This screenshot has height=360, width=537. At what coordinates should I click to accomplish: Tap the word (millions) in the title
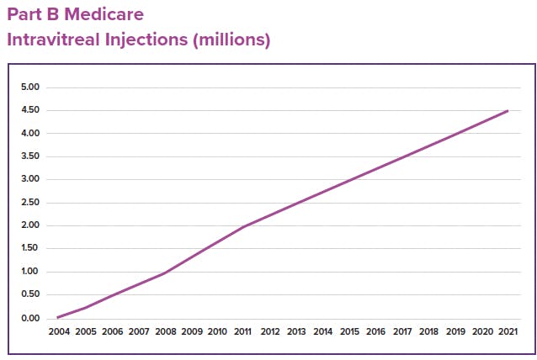click(229, 40)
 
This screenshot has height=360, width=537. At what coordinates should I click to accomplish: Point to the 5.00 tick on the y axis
click(30, 87)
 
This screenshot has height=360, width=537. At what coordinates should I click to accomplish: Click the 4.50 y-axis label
click(30, 110)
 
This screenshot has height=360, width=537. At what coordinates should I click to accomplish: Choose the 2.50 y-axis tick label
click(30, 203)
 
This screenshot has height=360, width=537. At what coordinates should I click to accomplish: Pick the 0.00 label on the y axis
click(30, 318)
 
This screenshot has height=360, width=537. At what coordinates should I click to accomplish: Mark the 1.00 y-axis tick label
click(30, 272)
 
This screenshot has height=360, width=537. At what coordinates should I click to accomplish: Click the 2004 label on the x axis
click(59, 332)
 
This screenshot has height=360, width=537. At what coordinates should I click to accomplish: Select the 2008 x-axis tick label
click(165, 332)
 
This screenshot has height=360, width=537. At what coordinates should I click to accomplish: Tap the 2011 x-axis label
click(244, 332)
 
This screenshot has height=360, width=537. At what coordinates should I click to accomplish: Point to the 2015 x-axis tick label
click(349, 332)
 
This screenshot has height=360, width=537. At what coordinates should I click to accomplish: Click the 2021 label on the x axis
click(508, 332)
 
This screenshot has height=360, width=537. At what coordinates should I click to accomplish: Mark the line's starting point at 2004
click(58, 317)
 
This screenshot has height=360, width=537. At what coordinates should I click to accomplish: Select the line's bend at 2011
click(244, 226)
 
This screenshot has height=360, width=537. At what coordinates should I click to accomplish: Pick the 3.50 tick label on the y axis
click(30, 156)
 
